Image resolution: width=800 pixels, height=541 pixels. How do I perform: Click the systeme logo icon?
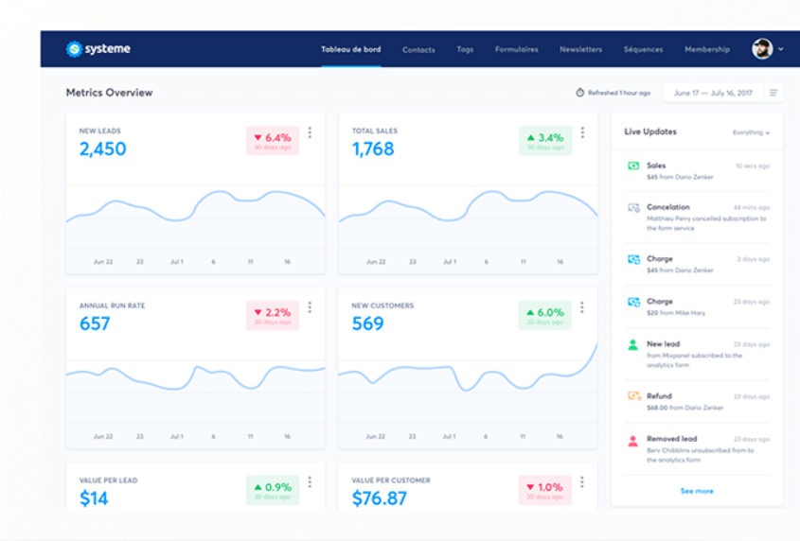pyautogui.click(x=74, y=49)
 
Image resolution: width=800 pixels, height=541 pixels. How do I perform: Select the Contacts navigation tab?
pyautogui.click(x=418, y=49)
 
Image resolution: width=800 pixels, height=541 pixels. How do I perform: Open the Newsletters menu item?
pyautogui.click(x=580, y=49)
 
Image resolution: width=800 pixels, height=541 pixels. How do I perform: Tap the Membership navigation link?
pyautogui.click(x=707, y=49)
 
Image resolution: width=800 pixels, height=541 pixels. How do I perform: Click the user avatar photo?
pyautogui.click(x=762, y=49)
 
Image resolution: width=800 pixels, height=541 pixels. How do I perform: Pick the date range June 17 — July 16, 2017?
pyautogui.click(x=712, y=93)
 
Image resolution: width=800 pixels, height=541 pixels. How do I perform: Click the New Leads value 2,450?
pyautogui.click(x=102, y=149)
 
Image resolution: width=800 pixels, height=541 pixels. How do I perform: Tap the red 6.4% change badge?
pyautogui.click(x=272, y=141)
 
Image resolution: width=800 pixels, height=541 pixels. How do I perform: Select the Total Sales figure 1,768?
pyautogui.click(x=373, y=149)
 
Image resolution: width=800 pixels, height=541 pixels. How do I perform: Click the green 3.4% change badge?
pyautogui.click(x=544, y=141)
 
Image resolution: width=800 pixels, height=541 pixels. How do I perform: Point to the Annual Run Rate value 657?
pyautogui.click(x=95, y=323)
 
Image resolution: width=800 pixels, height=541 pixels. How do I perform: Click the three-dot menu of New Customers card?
pyautogui.click(x=582, y=307)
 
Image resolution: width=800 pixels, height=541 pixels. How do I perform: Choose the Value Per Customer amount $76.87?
pyautogui.click(x=380, y=498)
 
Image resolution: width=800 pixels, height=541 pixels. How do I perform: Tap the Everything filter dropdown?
pyautogui.click(x=751, y=132)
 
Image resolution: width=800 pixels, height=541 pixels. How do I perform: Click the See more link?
pyautogui.click(x=697, y=491)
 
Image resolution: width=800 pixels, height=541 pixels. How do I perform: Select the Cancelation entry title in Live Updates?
pyautogui.click(x=668, y=206)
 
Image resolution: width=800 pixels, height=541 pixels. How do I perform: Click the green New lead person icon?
pyautogui.click(x=633, y=345)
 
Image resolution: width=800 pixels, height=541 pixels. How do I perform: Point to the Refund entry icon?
pyautogui.click(x=633, y=396)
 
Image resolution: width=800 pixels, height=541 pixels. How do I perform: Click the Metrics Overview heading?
pyautogui.click(x=109, y=93)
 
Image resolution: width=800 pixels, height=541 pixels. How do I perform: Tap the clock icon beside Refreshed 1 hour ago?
pyautogui.click(x=580, y=93)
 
